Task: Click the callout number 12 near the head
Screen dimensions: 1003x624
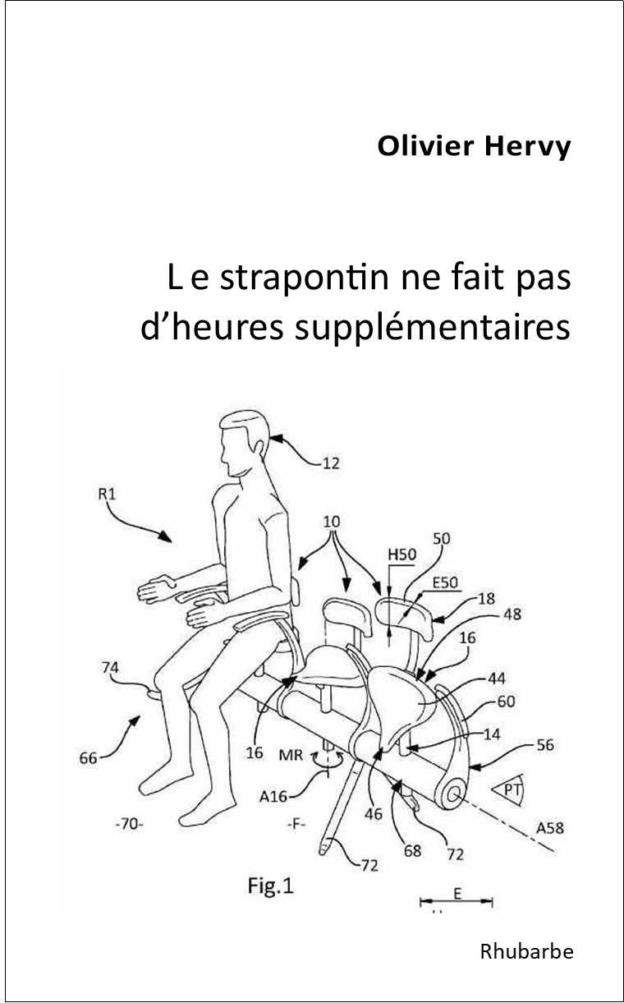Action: (x=330, y=464)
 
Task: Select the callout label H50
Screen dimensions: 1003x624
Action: (x=401, y=554)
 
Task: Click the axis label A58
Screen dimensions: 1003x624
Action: (x=552, y=828)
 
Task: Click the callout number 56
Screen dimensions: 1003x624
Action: (x=544, y=745)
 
